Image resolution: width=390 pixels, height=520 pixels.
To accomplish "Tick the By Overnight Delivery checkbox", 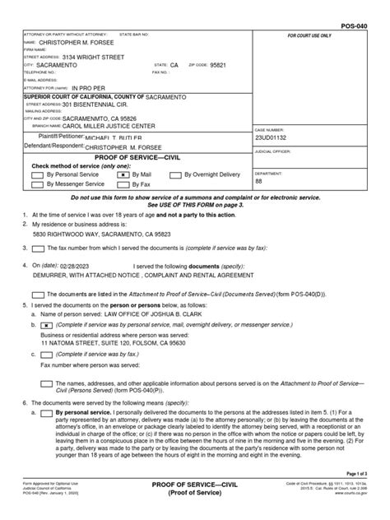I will click(x=176, y=175).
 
